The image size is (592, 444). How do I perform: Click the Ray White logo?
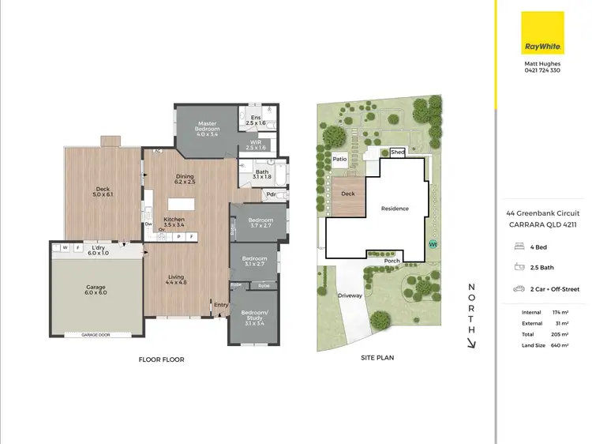point(543,33)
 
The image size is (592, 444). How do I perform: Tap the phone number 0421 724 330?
point(542,70)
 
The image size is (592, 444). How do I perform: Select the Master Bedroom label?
point(208,128)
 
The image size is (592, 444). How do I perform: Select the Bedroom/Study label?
point(254,317)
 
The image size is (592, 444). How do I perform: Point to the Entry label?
point(220,304)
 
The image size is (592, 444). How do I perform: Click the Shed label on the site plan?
point(397,152)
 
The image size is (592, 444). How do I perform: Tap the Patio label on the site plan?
point(340,159)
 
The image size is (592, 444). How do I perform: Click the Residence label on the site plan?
point(395,209)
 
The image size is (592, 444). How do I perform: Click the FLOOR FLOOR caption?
point(161,359)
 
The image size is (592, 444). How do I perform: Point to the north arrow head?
point(472,343)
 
